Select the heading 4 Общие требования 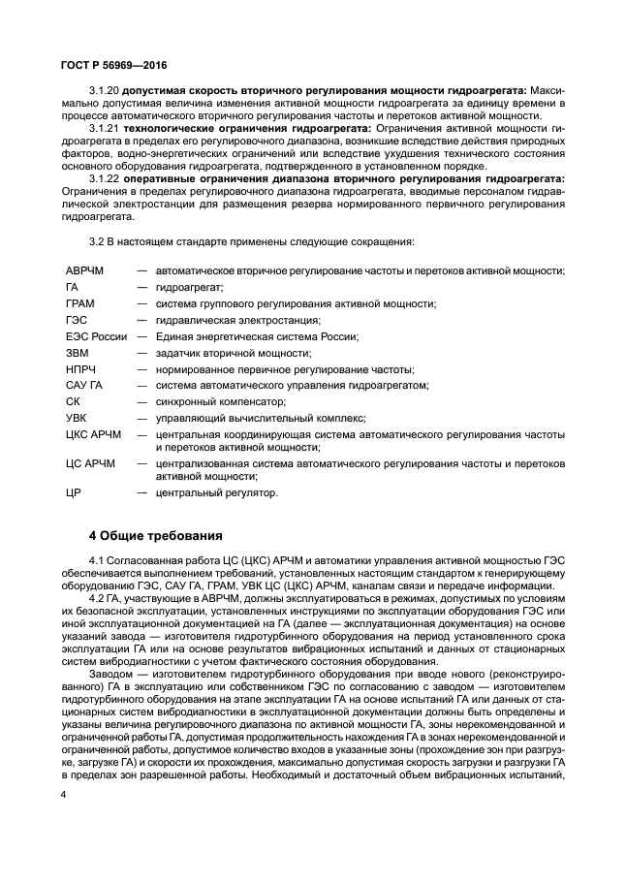(x=156, y=534)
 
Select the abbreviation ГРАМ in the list (x=79, y=303)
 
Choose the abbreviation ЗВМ (x=77, y=353)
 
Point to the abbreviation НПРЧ (x=80, y=369)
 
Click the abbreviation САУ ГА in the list (x=83, y=385)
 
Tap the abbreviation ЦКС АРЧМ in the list (x=94, y=434)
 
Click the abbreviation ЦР (x=72, y=492)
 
